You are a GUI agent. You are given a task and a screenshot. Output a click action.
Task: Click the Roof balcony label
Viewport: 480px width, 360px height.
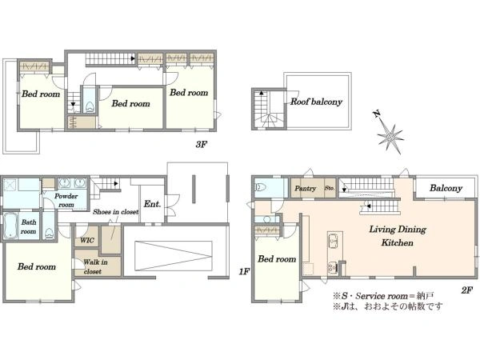tap(316, 102)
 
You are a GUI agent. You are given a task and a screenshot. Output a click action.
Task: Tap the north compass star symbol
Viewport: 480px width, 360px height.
tap(390, 135)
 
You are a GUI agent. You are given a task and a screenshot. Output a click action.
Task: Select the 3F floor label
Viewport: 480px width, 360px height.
tap(202, 144)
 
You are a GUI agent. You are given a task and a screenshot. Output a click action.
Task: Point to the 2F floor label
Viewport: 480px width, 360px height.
tap(467, 290)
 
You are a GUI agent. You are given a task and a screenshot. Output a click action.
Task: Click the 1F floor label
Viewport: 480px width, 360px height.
tap(244, 271)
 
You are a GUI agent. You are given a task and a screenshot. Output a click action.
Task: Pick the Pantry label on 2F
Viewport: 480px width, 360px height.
tap(305, 188)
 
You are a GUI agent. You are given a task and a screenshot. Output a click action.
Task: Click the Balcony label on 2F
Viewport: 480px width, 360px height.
tap(446, 188)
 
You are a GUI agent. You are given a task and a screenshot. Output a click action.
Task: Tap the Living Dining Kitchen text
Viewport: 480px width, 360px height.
tap(398, 236)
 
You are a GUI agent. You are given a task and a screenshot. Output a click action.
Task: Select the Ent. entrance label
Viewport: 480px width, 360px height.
tap(152, 204)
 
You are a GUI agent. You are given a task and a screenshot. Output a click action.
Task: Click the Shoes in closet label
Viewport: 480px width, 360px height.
tap(116, 212)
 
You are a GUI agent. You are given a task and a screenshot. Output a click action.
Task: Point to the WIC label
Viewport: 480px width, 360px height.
tap(87, 240)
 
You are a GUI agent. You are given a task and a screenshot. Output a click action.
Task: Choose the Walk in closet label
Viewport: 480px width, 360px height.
tap(95, 266)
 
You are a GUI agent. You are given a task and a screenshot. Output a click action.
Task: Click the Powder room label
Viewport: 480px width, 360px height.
tap(66, 200)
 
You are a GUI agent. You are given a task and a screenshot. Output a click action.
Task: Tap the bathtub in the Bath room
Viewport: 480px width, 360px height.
tap(10, 226)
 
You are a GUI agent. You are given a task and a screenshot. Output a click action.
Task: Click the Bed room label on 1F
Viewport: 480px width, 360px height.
tap(37, 266)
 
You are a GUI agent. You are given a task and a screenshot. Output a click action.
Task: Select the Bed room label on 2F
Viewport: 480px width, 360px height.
tap(277, 259)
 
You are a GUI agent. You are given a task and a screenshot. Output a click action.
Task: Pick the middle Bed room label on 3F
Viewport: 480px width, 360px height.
tap(130, 103)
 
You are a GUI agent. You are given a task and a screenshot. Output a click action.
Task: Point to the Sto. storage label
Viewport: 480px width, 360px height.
tap(330, 188)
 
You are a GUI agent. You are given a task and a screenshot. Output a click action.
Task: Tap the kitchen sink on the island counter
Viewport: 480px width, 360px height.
tap(333, 241)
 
